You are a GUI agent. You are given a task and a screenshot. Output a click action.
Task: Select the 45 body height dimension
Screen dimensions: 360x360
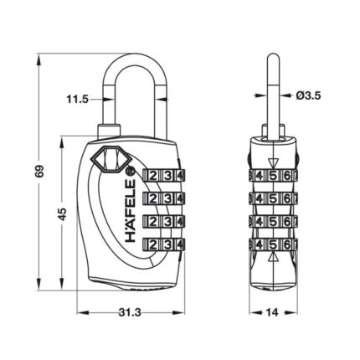click(x=63, y=214)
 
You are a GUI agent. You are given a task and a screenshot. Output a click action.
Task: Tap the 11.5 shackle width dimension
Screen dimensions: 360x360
click(x=77, y=99)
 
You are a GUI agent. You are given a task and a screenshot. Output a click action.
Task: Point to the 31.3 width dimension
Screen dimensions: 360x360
click(x=130, y=312)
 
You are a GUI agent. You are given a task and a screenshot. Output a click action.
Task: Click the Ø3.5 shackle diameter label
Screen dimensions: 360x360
click(x=308, y=96)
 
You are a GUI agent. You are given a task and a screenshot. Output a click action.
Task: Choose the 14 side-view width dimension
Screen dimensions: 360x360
click(x=273, y=312)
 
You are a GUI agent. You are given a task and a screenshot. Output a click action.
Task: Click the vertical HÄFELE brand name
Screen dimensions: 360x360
click(x=131, y=211)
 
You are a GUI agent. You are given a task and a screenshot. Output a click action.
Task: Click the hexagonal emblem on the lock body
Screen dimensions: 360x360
click(x=111, y=158)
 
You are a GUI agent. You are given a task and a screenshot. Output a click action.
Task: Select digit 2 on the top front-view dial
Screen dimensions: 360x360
click(x=153, y=176)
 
